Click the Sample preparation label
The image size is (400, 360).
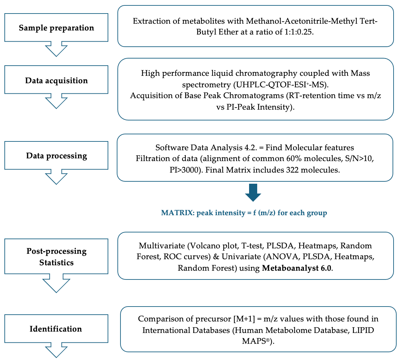(56, 28)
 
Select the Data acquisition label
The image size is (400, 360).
(56, 81)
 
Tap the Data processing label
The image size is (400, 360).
(57, 156)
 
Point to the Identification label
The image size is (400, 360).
(56, 329)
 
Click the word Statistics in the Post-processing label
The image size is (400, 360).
(57, 263)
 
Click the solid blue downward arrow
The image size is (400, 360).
(253, 193)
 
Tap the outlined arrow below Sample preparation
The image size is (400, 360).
(56, 49)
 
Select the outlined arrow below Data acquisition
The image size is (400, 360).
(56, 102)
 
